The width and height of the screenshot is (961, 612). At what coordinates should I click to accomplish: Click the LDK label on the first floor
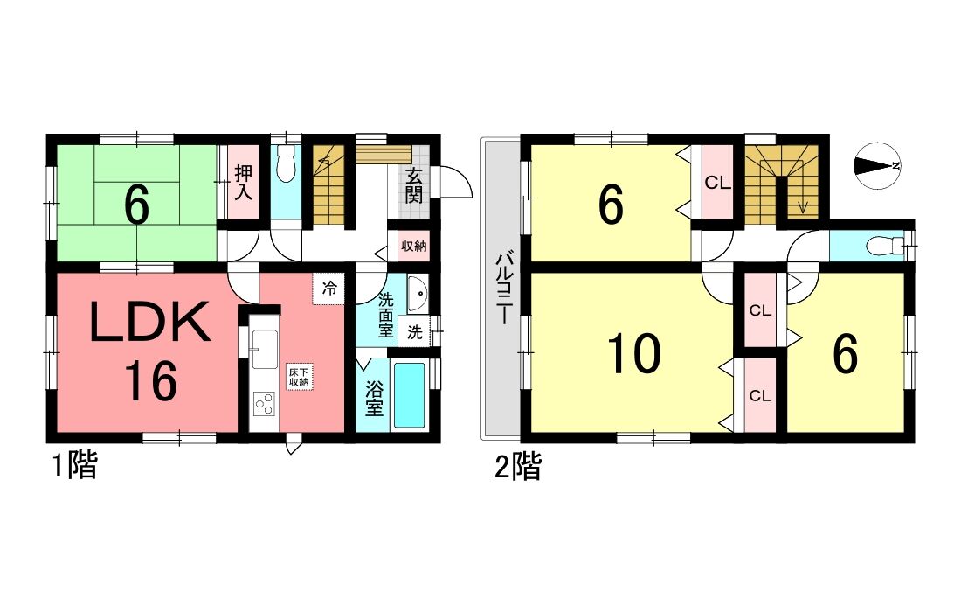point(150,323)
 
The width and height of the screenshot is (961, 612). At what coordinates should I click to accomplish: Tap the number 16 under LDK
point(151,381)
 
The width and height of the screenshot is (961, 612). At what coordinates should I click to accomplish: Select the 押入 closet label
point(244,182)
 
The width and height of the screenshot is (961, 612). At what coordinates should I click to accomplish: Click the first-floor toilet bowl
point(285,164)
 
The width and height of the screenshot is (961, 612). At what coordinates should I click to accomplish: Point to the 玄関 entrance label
point(414,185)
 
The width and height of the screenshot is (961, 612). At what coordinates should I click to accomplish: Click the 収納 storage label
point(414,246)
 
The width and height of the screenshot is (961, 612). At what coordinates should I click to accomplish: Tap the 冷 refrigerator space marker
point(329,289)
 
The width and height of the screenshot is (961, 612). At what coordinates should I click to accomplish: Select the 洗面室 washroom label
point(385,316)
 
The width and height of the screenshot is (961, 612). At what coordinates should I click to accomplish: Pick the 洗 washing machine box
point(416,332)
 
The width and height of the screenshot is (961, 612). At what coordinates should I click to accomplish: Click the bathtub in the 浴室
point(409,395)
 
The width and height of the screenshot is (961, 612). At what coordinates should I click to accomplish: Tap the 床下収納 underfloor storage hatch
point(300,377)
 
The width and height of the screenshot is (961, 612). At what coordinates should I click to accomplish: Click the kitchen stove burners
point(264,404)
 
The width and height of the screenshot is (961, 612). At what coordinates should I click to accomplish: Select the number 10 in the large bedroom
point(634,354)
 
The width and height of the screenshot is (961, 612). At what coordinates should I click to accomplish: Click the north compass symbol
point(876,165)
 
